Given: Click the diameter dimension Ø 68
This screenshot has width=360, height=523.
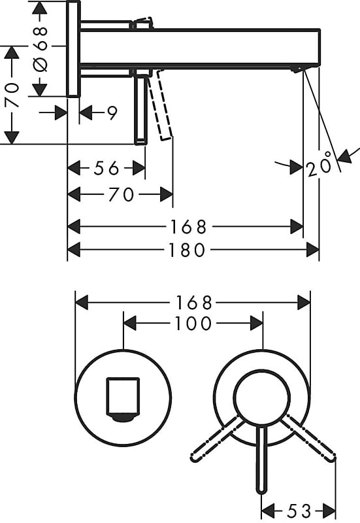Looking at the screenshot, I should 40,48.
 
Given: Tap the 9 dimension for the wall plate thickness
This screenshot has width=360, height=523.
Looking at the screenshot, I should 112,113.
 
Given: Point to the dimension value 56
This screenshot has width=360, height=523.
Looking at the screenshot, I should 106,169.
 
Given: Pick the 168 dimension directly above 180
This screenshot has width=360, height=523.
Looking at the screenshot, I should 188,227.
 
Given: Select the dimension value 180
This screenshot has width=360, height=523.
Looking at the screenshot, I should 188,250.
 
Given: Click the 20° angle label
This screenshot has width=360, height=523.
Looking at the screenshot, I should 319,167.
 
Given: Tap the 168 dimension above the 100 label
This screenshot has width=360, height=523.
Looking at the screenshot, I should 194,303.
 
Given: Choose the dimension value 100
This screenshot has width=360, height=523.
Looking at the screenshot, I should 194,323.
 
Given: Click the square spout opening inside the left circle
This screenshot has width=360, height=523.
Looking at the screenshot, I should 123,397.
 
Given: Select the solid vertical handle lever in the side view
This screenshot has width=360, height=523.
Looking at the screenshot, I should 140,108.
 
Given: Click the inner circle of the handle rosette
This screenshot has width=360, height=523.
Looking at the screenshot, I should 261,397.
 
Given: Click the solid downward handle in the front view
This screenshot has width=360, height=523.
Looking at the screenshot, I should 262,461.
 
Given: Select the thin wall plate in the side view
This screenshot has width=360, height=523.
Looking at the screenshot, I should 73,49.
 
